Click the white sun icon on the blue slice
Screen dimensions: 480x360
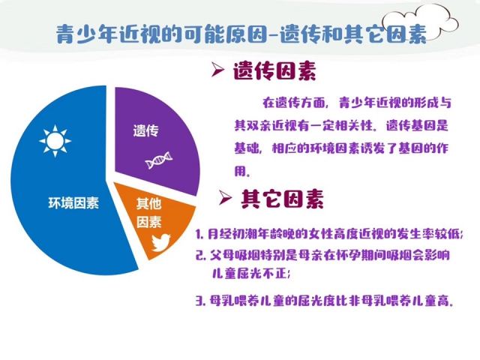(x=55, y=141)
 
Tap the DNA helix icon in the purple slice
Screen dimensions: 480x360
(x=158, y=160)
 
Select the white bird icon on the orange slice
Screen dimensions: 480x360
(x=161, y=242)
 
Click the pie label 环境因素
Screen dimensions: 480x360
(x=73, y=203)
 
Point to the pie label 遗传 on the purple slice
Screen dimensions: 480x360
(x=146, y=130)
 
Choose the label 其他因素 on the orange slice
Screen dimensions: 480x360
(x=148, y=213)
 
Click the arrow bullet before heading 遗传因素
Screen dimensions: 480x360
(x=217, y=70)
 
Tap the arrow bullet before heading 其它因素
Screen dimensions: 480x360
(x=225, y=197)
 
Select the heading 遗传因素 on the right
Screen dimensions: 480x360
(x=274, y=71)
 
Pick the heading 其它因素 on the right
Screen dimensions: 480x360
(x=282, y=199)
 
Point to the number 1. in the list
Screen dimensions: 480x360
(x=200, y=235)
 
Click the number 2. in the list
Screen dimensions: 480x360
(x=200, y=255)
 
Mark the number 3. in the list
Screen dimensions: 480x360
(x=200, y=301)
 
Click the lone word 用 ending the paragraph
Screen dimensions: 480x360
(x=240, y=172)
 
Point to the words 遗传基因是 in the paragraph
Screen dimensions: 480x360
(x=417, y=125)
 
